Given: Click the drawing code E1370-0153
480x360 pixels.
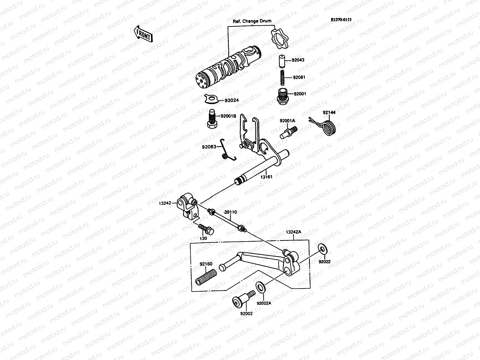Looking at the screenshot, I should [341, 20].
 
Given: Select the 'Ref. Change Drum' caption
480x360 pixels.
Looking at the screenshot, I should [252, 21].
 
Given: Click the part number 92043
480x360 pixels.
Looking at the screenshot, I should [298, 60].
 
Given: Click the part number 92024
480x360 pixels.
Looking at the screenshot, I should [231, 100].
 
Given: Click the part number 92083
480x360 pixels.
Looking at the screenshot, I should [209, 147].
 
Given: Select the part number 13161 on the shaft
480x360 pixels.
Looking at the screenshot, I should [266, 177].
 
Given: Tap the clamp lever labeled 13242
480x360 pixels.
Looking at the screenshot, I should [187, 207].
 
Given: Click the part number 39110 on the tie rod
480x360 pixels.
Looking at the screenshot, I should [230, 212].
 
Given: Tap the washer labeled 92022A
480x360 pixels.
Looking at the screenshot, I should [260, 287].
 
